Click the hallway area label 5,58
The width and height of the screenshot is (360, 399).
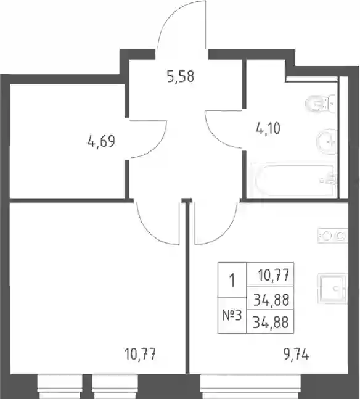coord(181,76)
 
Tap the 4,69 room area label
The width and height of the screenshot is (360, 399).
coord(101,141)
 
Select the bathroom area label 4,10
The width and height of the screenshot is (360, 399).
coord(268,128)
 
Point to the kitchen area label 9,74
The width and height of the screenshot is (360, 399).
coord(297,355)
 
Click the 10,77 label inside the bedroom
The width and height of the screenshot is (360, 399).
coord(141,354)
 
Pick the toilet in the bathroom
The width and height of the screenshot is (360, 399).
coord(321,103)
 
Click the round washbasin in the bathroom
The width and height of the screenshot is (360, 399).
coord(327,141)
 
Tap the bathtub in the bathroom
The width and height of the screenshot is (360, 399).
coord(295,180)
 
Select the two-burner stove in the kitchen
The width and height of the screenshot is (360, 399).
coord(332,236)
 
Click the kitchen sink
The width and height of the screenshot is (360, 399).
coord(332,289)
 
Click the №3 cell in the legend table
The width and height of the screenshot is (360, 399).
coord(232,316)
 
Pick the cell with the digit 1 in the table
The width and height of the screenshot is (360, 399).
coord(232,280)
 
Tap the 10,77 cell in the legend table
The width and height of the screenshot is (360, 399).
coord(270,274)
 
